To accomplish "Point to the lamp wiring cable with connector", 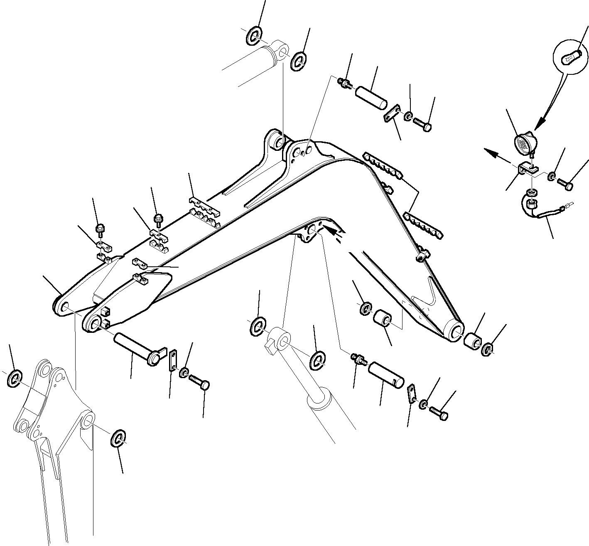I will [544, 214].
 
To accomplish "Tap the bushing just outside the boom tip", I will [473, 341].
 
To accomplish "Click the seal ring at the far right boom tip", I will [488, 349].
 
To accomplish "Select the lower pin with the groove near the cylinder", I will [386, 374].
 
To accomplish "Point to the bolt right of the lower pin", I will [438, 413].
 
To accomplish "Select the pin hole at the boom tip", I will [455, 330].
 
